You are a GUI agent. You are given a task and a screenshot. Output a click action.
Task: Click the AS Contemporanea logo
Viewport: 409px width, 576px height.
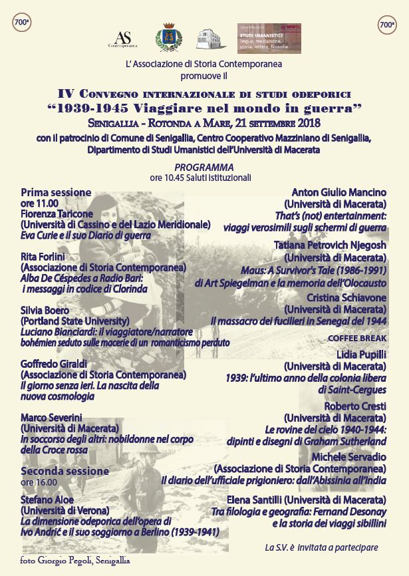click(x=122, y=39)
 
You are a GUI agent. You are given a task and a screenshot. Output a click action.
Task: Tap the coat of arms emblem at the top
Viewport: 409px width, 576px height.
click(x=166, y=37)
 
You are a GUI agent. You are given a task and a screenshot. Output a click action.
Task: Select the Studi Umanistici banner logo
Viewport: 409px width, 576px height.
click(x=269, y=39)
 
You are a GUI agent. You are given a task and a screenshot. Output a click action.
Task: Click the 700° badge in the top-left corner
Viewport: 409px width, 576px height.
click(x=22, y=22)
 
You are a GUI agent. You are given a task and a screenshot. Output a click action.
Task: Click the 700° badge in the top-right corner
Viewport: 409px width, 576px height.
click(x=387, y=25)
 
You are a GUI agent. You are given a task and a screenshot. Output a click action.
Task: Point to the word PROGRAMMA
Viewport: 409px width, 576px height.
click(x=204, y=166)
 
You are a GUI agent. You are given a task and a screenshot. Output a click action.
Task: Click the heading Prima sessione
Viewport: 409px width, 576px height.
click(x=56, y=192)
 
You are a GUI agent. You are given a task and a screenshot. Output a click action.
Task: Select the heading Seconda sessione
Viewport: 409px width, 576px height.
click(x=65, y=471)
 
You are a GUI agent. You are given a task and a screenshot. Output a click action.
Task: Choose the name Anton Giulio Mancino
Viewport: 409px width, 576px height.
click(x=339, y=193)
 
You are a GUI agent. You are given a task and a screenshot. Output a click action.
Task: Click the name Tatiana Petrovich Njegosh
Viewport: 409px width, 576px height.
click(x=330, y=245)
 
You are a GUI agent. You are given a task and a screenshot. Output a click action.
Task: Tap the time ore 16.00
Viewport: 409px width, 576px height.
click(x=39, y=482)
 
